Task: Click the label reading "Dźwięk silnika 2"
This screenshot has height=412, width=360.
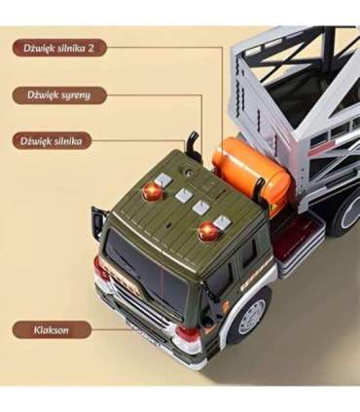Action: click(x=59, y=47)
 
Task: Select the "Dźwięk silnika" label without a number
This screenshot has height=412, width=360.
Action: click(x=53, y=141)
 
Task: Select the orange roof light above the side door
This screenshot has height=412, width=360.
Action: click(x=208, y=231)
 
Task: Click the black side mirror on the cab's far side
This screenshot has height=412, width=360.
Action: click(x=97, y=223)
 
